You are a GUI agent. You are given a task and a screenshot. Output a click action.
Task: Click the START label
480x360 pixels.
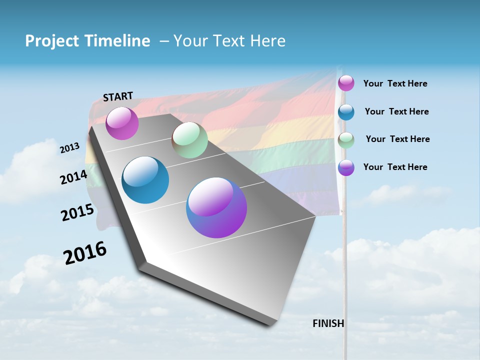[118, 96]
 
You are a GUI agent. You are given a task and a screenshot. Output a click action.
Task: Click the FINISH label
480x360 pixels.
[328, 323]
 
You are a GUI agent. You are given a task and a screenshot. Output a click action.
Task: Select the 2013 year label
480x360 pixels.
[69, 148]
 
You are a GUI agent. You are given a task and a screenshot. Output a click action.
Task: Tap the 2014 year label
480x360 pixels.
[73, 177]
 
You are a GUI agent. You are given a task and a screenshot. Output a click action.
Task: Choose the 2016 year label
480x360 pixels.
[85, 253]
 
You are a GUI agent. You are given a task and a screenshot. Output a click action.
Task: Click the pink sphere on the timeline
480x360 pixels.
[122, 123]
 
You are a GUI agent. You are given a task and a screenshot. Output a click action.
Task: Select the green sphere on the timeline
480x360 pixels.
[189, 140]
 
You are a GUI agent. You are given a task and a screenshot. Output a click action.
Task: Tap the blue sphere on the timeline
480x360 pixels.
[145, 180]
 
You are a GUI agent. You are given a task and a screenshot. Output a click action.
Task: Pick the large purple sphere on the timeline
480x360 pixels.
[216, 207]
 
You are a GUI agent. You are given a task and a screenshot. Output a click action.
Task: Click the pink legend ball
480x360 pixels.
[346, 83]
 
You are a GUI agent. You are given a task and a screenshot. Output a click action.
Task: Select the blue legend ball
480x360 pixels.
[346, 112]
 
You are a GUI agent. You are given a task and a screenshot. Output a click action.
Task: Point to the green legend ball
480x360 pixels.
[346, 140]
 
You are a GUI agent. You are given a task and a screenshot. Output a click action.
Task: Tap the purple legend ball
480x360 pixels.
[346, 167]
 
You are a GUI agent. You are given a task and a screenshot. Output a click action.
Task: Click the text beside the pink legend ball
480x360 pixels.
[395, 83]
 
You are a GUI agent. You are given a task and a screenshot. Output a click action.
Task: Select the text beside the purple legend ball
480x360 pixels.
[395, 167]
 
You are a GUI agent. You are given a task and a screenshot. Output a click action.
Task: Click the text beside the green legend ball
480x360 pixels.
[397, 139]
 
